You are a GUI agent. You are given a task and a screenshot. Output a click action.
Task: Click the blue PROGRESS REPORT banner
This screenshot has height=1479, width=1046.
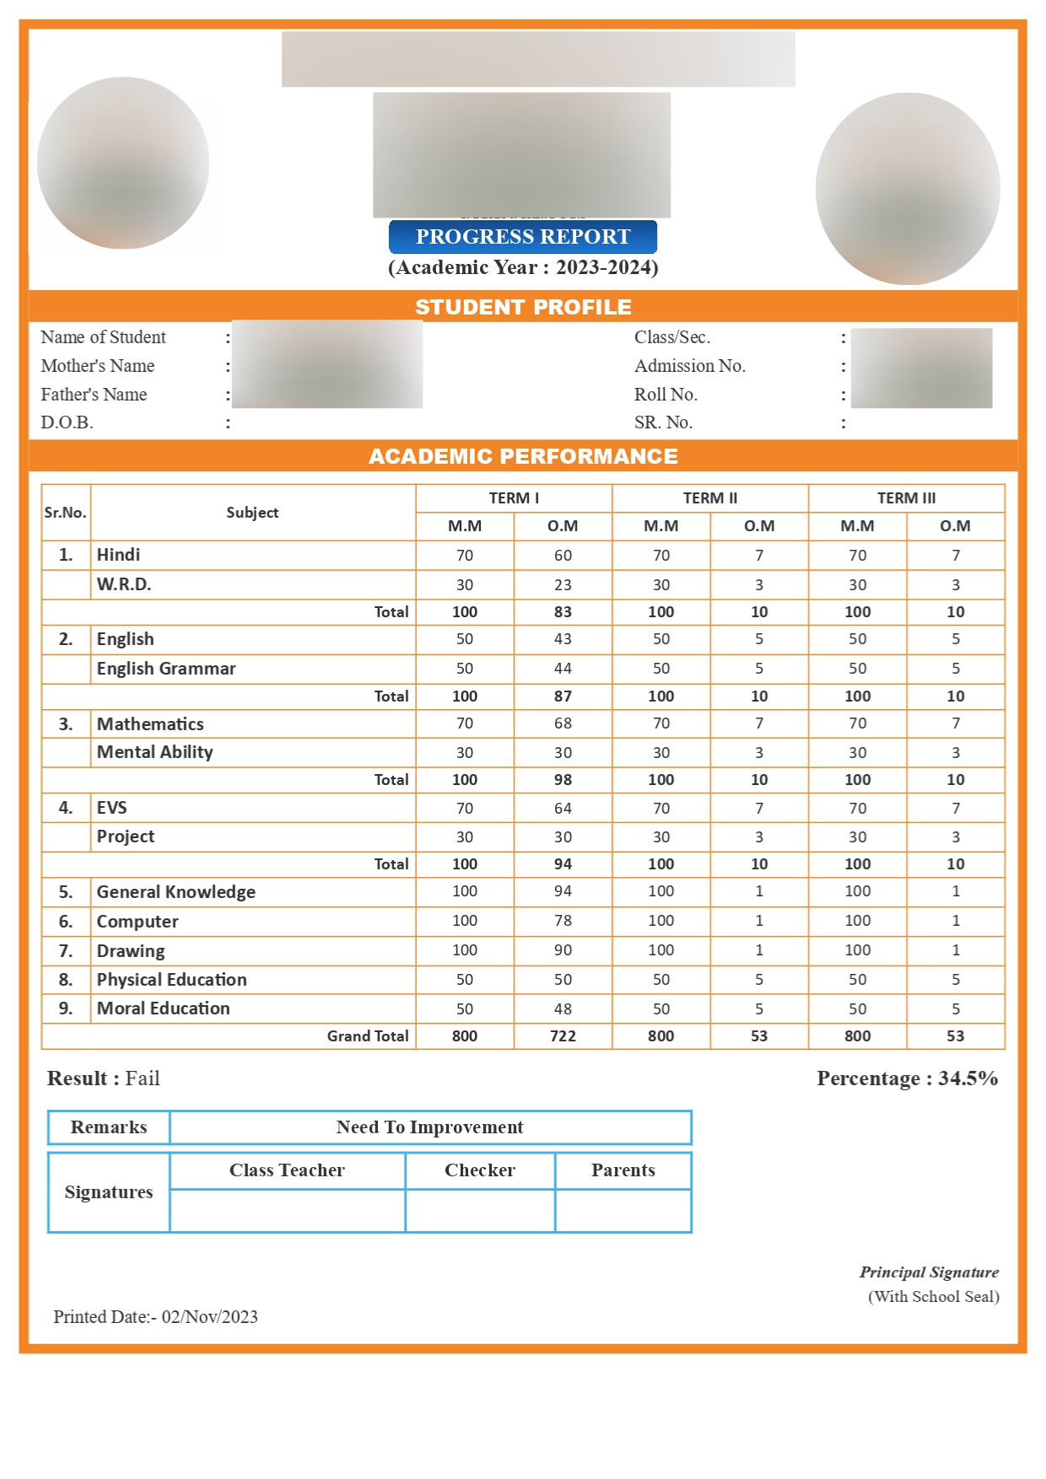click(522, 237)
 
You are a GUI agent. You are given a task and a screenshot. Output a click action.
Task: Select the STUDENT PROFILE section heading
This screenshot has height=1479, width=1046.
click(523, 307)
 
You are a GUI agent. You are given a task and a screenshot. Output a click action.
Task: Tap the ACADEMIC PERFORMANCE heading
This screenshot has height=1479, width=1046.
click(523, 456)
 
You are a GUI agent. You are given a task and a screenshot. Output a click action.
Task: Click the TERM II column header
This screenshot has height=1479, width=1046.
click(709, 498)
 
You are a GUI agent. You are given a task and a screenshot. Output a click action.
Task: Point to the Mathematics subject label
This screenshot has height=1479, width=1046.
click(150, 724)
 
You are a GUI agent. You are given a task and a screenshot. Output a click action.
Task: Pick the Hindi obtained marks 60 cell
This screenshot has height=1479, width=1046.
click(563, 556)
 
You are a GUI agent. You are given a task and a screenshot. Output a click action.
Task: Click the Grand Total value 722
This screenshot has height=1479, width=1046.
click(563, 1036)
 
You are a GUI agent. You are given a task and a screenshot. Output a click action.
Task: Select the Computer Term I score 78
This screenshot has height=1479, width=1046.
click(563, 921)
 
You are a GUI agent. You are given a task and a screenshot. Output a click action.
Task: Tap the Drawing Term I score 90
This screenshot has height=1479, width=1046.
click(563, 950)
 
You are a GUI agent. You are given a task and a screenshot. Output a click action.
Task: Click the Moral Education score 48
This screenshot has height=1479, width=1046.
click(563, 1009)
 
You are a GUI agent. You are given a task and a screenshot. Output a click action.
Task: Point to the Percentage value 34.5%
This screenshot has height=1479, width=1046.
click(968, 1078)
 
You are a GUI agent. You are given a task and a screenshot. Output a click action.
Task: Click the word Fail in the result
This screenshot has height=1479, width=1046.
click(143, 1078)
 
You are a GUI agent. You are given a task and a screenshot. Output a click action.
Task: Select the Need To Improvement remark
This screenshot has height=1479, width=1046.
click(429, 1127)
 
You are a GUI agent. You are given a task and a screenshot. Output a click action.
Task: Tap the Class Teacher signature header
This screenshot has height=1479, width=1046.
click(287, 1170)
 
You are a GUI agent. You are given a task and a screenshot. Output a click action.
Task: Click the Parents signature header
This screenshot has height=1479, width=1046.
click(623, 1170)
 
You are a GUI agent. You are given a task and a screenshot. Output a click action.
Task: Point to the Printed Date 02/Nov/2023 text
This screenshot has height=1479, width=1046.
click(209, 1317)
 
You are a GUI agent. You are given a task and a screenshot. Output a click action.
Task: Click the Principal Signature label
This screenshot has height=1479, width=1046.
click(929, 1272)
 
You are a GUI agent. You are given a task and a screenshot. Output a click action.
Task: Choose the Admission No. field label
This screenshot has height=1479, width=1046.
click(689, 366)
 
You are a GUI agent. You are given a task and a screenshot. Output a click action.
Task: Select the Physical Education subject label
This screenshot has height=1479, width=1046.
click(171, 980)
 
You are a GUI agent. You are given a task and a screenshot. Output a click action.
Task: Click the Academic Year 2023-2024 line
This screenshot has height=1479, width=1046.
click(523, 267)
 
